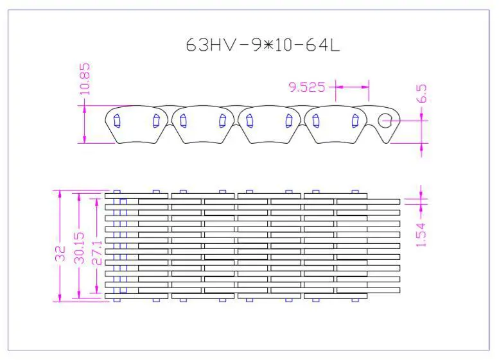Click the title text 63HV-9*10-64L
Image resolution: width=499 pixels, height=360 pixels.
[x=263, y=45]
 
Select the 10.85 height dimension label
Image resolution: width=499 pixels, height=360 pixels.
[x=85, y=79]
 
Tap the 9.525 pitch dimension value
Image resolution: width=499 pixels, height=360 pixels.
[x=306, y=87]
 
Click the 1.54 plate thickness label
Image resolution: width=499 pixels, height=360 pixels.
[x=421, y=235]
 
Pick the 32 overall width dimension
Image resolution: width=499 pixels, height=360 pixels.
[x=60, y=253]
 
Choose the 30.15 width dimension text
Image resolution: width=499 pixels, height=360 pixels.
[x=79, y=248]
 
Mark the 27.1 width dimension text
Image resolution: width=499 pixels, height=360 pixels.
[x=97, y=253]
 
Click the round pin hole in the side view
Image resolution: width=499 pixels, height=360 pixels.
[x=385, y=120]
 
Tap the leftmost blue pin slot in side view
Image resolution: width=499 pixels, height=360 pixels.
[x=117, y=121]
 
